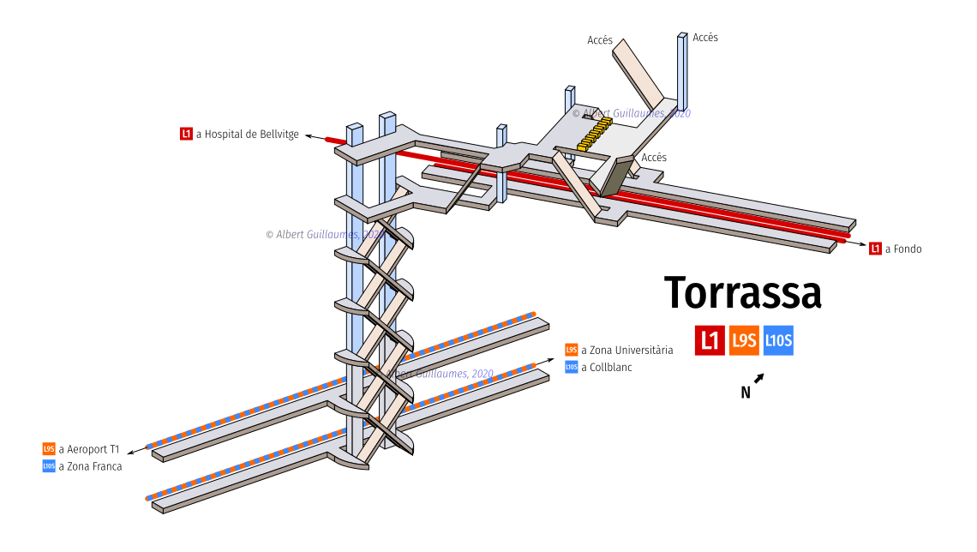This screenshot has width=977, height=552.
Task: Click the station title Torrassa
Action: pos(743,292)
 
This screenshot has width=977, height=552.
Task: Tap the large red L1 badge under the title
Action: pos(710,340)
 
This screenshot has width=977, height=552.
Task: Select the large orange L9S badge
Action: pos(744,340)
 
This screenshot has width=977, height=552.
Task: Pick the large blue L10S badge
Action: pos(778,340)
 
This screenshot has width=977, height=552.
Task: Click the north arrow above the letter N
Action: pos(759,377)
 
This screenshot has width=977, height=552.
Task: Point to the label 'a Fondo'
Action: pos(903,249)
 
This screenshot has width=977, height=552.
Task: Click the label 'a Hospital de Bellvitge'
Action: pos(248,134)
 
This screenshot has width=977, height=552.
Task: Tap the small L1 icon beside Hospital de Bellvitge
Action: pos(186,134)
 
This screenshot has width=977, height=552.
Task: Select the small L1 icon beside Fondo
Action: pos(875,249)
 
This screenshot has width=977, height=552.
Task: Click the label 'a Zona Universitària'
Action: pos(627,350)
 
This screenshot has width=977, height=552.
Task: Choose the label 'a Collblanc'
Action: pos(607,367)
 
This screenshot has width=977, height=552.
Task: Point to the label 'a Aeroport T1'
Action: pos(89,448)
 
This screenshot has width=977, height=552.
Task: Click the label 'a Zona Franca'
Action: pos(90,466)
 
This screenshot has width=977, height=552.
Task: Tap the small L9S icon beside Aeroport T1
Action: pos(49,448)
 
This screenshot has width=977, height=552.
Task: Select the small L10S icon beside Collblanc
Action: pos(572,367)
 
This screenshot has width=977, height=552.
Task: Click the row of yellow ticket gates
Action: pos(595,134)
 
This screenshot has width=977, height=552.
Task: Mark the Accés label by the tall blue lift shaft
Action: pos(705,38)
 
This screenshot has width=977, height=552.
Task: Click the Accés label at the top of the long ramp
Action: pos(600,40)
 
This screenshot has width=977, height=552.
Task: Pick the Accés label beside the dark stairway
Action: pos(654,157)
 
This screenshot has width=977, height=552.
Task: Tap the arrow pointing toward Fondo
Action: pos(857,243)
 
